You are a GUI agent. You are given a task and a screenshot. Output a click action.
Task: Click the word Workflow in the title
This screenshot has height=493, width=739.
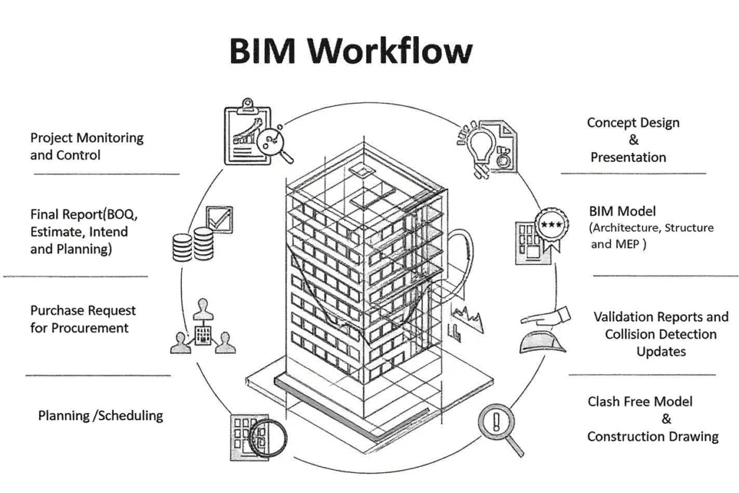tap(395, 51)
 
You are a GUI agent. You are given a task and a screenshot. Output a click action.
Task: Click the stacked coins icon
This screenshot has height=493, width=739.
tap(193, 245)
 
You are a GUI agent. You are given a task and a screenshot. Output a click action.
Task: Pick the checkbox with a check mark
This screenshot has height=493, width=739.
tap(219, 219)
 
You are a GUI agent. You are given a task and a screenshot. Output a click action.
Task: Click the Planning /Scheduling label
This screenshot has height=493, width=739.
tap(100, 416)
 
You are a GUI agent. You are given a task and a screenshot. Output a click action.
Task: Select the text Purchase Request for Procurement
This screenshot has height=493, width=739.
tap(82, 319)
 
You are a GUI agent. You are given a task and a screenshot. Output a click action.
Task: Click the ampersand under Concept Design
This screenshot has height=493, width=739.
tap(633, 140)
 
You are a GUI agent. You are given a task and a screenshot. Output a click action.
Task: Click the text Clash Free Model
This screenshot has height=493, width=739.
tap(639, 402)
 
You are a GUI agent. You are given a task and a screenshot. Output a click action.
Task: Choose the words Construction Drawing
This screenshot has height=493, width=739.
tap(652, 437)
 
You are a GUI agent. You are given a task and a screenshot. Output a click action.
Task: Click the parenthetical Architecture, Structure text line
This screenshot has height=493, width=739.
tap(651, 228)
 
